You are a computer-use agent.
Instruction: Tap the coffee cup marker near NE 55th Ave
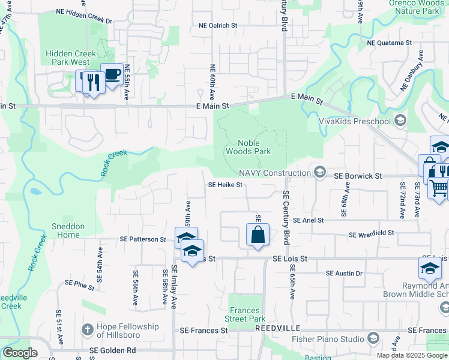click(112, 74)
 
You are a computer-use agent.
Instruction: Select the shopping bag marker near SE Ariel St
click(258, 234)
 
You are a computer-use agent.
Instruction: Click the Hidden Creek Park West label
click(71, 58)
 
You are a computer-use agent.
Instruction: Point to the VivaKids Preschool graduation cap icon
click(399, 122)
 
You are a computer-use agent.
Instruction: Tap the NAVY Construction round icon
click(319, 173)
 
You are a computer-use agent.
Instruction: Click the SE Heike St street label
click(225, 185)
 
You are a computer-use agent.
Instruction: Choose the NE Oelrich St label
click(218, 26)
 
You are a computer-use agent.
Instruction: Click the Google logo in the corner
click(20, 353)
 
